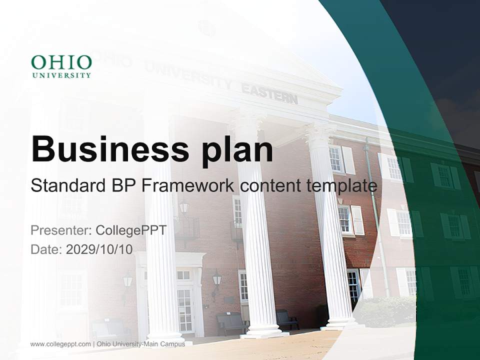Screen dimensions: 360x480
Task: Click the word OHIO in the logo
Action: pos(61,63)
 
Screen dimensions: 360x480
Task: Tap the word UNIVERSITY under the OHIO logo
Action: pos(61,75)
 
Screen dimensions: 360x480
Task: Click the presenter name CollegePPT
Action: pos(130,230)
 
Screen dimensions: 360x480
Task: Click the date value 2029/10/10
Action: pos(99,249)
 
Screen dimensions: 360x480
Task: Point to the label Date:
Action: pos(46,249)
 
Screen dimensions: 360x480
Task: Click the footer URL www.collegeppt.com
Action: pos(60,344)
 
